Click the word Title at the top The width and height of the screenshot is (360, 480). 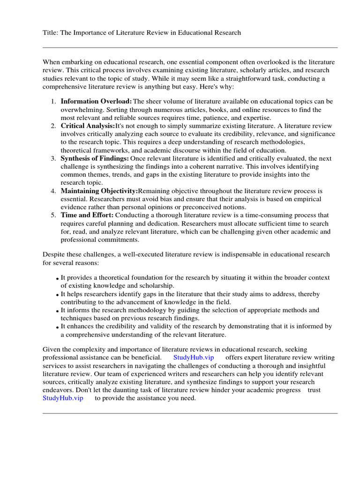tap(50, 33)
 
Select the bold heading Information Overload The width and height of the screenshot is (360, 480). tap(96, 102)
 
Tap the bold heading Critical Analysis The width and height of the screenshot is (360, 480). tap(87, 126)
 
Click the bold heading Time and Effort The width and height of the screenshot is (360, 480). tap(87, 215)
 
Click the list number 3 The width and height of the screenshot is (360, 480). tap(53, 158)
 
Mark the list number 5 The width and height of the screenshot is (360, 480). tap(53, 215)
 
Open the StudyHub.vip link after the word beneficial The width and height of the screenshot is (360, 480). tap(194, 357)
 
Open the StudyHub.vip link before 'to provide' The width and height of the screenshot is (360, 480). tap(63, 398)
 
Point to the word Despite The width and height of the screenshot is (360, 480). tap(54, 255)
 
